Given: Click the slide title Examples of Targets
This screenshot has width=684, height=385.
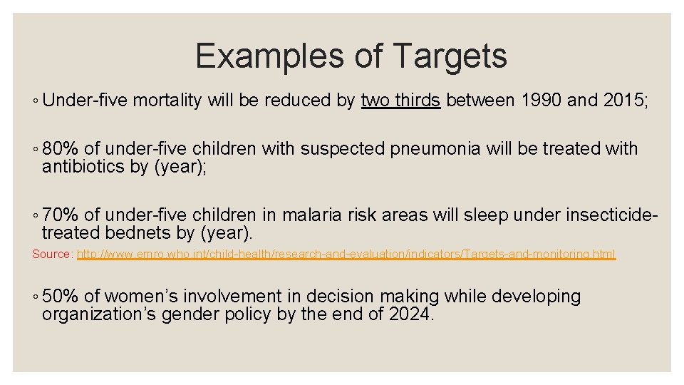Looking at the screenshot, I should [x=351, y=56].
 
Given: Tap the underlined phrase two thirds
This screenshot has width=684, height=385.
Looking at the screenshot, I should [x=400, y=101].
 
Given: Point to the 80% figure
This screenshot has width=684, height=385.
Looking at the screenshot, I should [x=61, y=148].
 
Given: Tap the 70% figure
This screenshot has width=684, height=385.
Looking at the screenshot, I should [x=61, y=214].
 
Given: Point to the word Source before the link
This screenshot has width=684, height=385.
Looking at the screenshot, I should [x=51, y=254].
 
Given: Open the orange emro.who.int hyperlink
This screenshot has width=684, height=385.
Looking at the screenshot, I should [x=346, y=254].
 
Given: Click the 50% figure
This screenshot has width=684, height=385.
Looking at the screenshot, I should [x=61, y=296].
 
